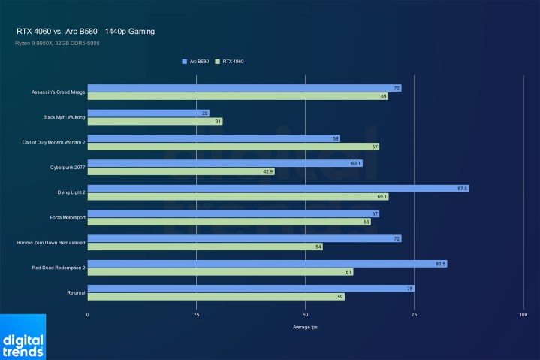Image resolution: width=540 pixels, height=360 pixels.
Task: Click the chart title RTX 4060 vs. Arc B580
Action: [x=86, y=32]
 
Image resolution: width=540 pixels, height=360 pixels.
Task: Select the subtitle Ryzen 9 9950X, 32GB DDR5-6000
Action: [x=56, y=43]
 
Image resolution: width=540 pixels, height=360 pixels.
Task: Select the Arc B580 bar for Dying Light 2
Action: [x=278, y=188]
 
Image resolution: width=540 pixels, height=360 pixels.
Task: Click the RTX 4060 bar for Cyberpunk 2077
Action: [x=181, y=171]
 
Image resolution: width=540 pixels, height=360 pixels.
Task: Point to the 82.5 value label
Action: [x=439, y=264]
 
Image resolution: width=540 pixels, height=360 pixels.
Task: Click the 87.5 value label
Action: [x=461, y=188]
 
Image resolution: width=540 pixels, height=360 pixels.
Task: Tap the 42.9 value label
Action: [x=267, y=171]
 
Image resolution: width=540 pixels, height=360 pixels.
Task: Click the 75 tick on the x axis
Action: [x=414, y=315]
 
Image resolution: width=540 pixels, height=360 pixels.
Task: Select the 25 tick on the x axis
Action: [x=196, y=315]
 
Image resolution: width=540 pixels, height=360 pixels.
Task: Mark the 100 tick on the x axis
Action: [x=523, y=315]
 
